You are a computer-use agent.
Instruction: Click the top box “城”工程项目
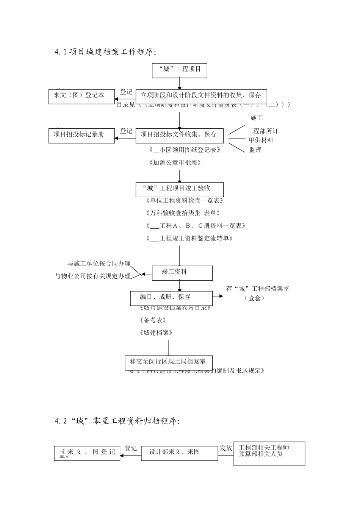point(179,70)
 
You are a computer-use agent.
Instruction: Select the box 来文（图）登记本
point(81,96)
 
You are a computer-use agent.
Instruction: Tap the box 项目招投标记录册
point(81,135)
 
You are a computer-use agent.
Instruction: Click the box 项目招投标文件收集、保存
point(179,135)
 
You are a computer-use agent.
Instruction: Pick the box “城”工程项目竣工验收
point(179,189)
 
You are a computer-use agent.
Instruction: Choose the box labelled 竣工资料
point(182,273)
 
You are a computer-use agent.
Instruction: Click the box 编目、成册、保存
point(171,298)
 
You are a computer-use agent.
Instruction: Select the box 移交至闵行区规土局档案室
point(168,362)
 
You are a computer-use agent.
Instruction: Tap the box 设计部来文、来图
point(179,453)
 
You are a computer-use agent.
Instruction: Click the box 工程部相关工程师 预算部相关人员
point(269,453)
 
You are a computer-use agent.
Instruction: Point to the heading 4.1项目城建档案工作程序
point(105,52)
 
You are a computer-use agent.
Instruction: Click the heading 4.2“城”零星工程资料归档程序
point(117,421)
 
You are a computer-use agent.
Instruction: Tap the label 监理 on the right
point(255,150)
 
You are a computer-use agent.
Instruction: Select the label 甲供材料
point(261,140)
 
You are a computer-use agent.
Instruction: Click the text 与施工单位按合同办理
point(99,264)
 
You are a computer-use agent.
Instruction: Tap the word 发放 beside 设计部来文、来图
point(226,448)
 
